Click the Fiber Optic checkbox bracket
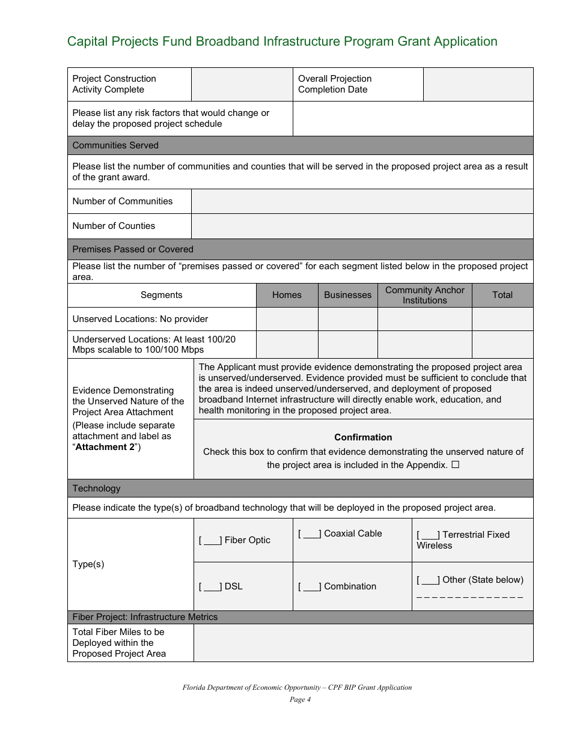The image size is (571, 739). pos(210,540)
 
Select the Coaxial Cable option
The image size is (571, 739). pos(310,534)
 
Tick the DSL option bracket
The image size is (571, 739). pos(210,586)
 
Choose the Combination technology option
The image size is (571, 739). pos(310,586)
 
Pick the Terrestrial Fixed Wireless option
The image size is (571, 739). pos(428,535)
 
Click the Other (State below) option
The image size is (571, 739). pos(428,580)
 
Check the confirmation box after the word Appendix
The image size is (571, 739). pos(455,464)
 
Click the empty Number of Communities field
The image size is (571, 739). pos(362,201)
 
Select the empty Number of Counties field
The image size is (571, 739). pos(362,226)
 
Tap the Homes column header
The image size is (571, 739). pos(287,295)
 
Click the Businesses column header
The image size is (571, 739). pos(347,295)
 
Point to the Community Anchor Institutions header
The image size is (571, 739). pos(424,295)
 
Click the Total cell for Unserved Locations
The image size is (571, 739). pos(502,319)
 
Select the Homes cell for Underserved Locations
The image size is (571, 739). pos(287,344)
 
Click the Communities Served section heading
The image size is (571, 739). pos(115,145)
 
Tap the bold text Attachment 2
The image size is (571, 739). pos(105,447)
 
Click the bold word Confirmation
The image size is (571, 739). pos(363,437)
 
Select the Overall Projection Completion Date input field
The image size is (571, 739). pos(478,84)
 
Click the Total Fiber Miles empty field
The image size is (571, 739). pos(363,643)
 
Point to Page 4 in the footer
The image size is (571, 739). pos(297,699)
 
